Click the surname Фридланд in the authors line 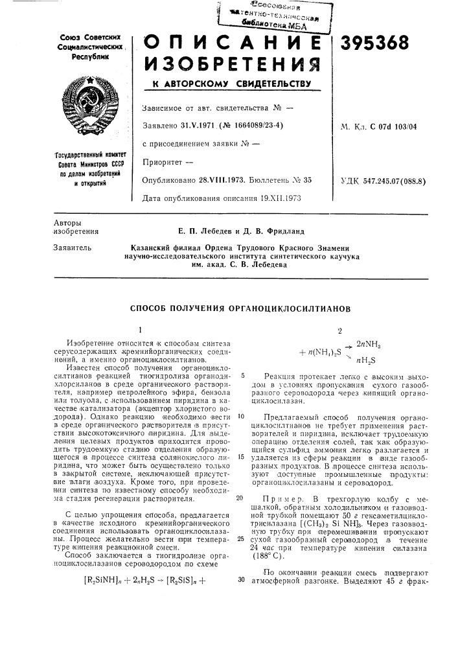[x=282, y=231]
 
